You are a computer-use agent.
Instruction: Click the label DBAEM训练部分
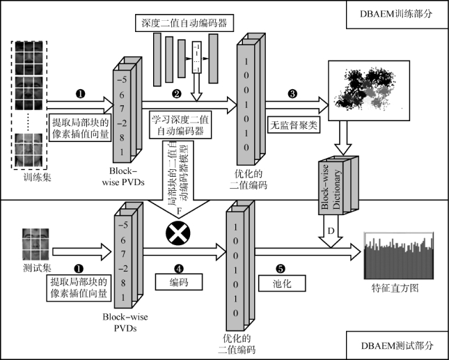click(395, 12)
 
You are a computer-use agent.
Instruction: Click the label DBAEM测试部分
click(395, 346)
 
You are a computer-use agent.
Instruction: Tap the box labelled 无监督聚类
click(294, 124)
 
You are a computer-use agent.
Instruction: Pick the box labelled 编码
click(179, 281)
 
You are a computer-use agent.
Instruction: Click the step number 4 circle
click(179, 266)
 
